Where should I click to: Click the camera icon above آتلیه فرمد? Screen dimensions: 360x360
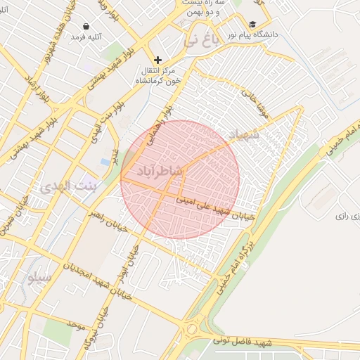[x=86, y=25]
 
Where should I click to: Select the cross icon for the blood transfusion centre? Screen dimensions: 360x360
[x=157, y=60]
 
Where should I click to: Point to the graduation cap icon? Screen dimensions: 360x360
[x=252, y=25]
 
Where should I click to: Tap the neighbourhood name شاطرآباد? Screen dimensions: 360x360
[x=158, y=171]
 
